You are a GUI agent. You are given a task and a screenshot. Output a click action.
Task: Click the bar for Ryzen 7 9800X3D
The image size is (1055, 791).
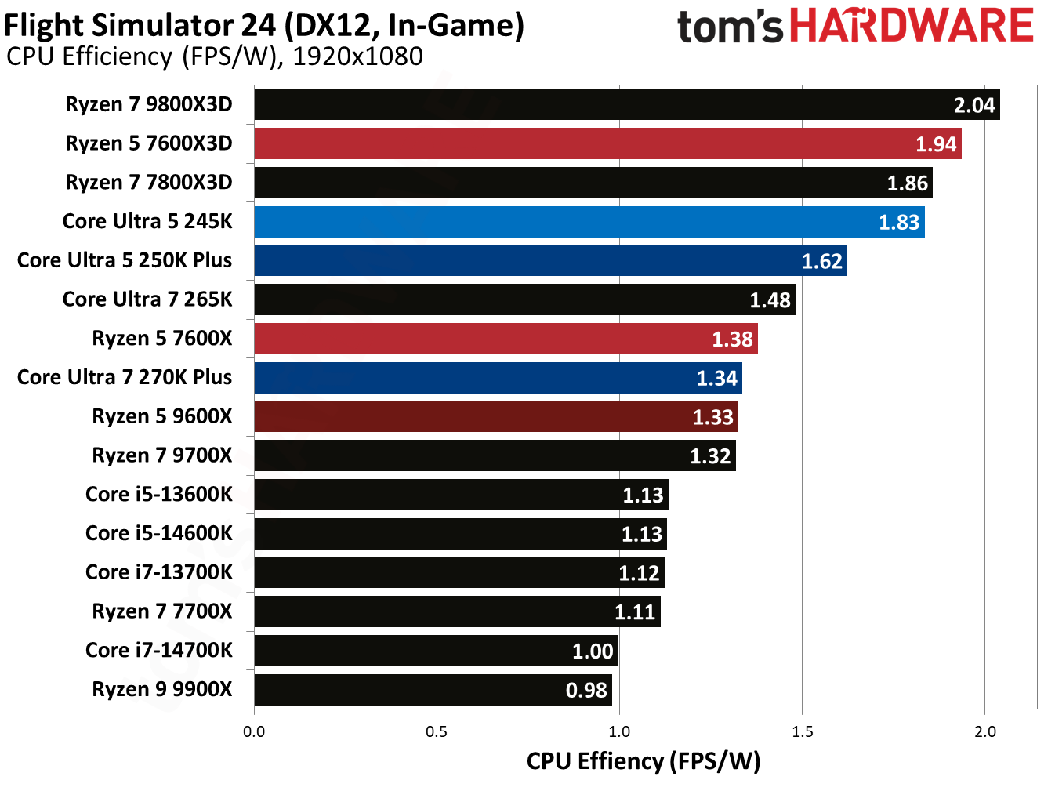coord(627,105)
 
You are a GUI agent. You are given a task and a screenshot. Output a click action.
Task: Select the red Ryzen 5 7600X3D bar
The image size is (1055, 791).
coord(607,144)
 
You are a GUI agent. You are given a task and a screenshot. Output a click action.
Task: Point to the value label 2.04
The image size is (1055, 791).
coord(973,106)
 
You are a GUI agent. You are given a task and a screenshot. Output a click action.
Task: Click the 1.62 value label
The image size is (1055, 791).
coord(821,262)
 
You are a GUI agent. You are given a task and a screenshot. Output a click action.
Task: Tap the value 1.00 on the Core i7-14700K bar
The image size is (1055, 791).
coord(593,651)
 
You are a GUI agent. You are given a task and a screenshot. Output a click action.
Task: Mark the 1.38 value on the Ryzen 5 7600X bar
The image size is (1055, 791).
coord(732,339)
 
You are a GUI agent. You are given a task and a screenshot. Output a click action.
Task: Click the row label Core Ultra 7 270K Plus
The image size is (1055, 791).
coord(125,378)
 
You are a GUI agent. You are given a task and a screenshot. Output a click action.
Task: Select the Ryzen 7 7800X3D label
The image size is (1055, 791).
coord(149,183)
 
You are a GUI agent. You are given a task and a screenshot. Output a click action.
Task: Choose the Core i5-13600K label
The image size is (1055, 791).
coord(159,495)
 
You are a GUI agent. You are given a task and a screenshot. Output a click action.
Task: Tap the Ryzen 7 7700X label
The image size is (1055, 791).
coord(162,611)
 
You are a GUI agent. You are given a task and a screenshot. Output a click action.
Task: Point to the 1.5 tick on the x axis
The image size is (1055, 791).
coord(802,732)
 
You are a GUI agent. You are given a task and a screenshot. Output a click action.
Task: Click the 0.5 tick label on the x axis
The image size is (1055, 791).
coord(437,732)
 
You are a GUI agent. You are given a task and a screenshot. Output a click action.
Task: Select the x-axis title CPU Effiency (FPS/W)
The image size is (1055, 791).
coord(643,761)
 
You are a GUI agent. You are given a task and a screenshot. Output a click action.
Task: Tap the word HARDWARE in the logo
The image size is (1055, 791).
coord(911,26)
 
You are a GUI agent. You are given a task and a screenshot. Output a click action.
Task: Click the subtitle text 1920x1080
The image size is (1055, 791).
coord(357,57)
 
